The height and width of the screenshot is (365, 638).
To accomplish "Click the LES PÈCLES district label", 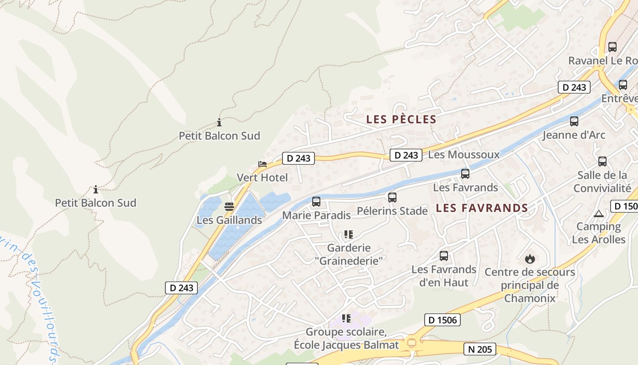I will pyautogui.click(x=401, y=120).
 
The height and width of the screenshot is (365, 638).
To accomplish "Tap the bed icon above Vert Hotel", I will pyautogui.click(x=262, y=164).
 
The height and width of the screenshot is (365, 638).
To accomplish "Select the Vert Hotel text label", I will pyautogui.click(x=262, y=177).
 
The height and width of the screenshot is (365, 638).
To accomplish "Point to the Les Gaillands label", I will pyautogui.click(x=229, y=220).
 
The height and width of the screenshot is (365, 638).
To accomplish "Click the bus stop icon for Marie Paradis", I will pyautogui.click(x=316, y=202).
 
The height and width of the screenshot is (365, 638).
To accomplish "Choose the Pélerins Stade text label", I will pyautogui.click(x=392, y=211).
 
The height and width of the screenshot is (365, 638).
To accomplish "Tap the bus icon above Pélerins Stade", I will pyautogui.click(x=392, y=198).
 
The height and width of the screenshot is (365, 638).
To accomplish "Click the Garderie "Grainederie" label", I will pyautogui.click(x=349, y=254).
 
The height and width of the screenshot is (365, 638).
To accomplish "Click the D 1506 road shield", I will pyautogui.click(x=442, y=320).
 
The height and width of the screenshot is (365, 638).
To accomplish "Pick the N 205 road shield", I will pyautogui.click(x=480, y=349).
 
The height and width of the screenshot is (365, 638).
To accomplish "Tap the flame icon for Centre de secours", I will pyautogui.click(x=530, y=259).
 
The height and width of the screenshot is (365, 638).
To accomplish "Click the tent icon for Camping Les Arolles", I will pyautogui.click(x=598, y=214).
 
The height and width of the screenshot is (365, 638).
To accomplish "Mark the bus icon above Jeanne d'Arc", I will pyautogui.click(x=574, y=121).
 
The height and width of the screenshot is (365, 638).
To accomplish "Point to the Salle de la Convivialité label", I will pyautogui.click(x=602, y=182).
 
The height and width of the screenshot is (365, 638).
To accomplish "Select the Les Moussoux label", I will pyautogui.click(x=464, y=155).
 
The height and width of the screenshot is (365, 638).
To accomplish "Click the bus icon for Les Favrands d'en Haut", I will pyautogui.click(x=443, y=256).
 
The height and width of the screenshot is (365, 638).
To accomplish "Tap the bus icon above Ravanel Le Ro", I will pyautogui.click(x=612, y=47).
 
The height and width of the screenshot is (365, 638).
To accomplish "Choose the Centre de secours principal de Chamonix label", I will pyautogui.click(x=530, y=285).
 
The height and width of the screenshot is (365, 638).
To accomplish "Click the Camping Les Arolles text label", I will pyautogui.click(x=598, y=233).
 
